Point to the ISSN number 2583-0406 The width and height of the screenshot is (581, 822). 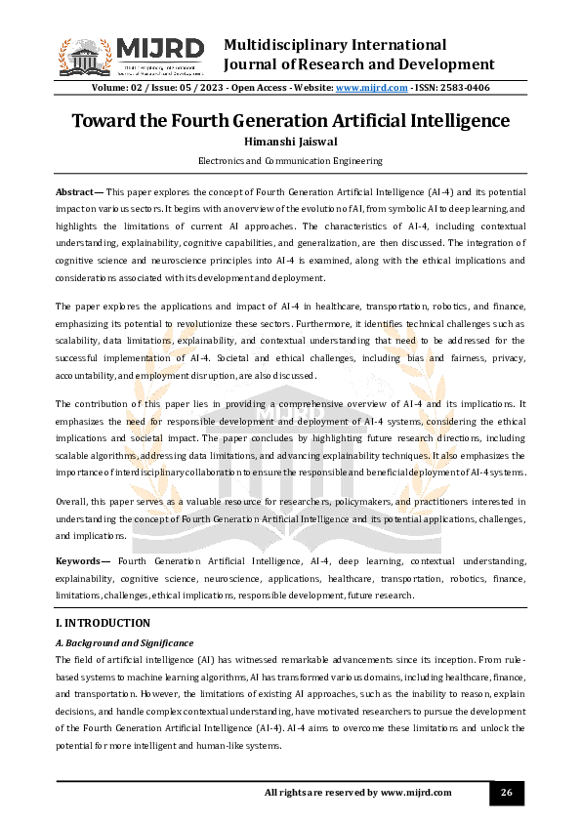tap(465, 88)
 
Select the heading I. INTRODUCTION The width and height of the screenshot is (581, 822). tap(103, 623)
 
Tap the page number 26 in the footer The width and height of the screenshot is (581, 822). tap(506, 792)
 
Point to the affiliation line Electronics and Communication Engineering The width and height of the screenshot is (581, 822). tap(290, 160)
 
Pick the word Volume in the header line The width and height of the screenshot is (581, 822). tap(110, 88)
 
